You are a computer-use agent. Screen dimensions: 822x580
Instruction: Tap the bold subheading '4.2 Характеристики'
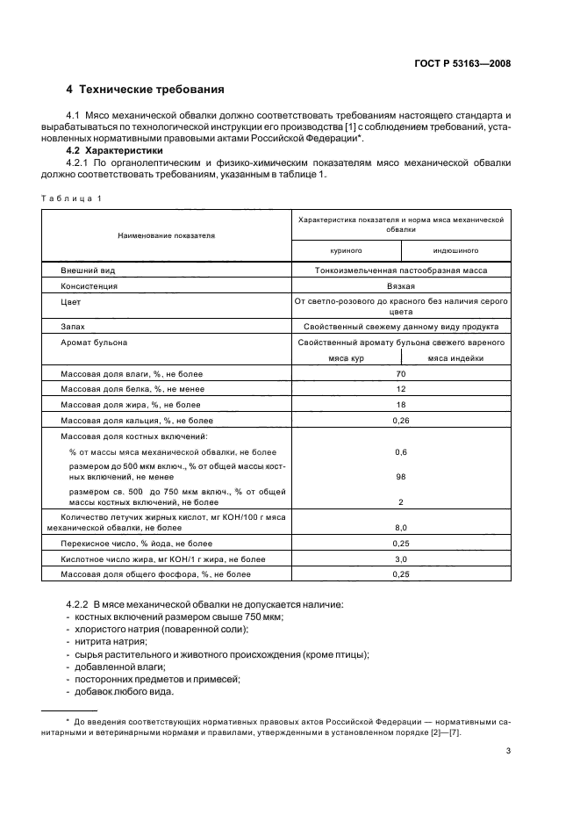coord(109,150)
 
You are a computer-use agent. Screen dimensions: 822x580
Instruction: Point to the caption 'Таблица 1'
coord(71,198)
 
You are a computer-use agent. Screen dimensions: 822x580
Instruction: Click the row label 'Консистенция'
coord(89,285)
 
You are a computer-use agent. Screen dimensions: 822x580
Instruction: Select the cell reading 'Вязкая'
coord(400,285)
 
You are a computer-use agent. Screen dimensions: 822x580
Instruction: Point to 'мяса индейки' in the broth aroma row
coord(455,357)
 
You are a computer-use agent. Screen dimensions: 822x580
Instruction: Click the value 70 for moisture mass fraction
coord(400,373)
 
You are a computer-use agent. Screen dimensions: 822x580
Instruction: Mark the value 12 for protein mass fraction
coord(400,389)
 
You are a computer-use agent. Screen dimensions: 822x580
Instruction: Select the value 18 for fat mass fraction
coord(400,405)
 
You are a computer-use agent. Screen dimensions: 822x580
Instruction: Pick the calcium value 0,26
coord(400,421)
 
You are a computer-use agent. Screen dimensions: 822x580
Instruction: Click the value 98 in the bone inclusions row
coord(400,475)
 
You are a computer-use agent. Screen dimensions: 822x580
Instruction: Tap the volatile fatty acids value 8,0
coord(400,528)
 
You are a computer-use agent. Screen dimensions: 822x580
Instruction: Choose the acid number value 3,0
coord(400,559)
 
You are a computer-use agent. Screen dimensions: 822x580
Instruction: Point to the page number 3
coord(509,751)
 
